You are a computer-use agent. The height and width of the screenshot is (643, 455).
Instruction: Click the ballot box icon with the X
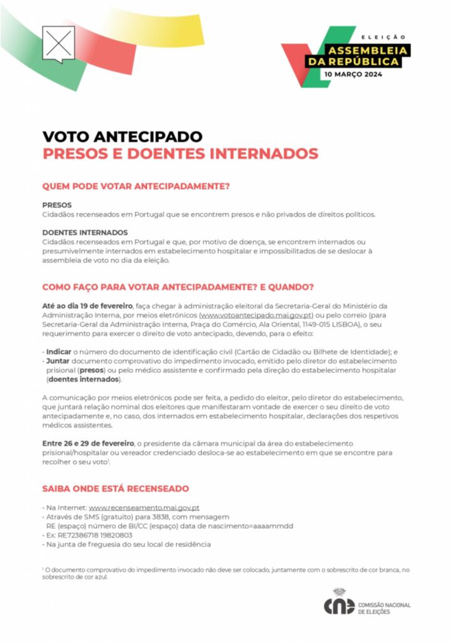[58, 43]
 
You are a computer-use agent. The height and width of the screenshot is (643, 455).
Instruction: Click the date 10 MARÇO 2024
[352, 74]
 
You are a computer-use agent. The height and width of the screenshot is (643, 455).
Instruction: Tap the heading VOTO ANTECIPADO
[122, 136]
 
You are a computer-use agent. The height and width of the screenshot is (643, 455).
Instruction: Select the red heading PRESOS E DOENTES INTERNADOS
[180, 153]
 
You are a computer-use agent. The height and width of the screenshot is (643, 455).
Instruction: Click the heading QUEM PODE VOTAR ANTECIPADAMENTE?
[136, 186]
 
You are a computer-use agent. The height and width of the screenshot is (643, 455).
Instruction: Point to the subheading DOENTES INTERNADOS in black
[85, 232]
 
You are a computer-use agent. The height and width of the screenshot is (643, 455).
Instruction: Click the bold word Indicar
[59, 352]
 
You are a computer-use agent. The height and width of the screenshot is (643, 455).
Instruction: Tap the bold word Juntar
[58, 362]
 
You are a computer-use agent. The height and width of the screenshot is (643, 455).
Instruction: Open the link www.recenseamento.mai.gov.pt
[144, 507]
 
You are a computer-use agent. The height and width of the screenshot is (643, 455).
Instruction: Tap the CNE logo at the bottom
[339, 605]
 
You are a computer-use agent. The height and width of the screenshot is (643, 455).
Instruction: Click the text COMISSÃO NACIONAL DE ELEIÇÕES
[384, 608]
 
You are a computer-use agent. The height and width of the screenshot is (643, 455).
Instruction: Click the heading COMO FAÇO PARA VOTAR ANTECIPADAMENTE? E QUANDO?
[178, 287]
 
